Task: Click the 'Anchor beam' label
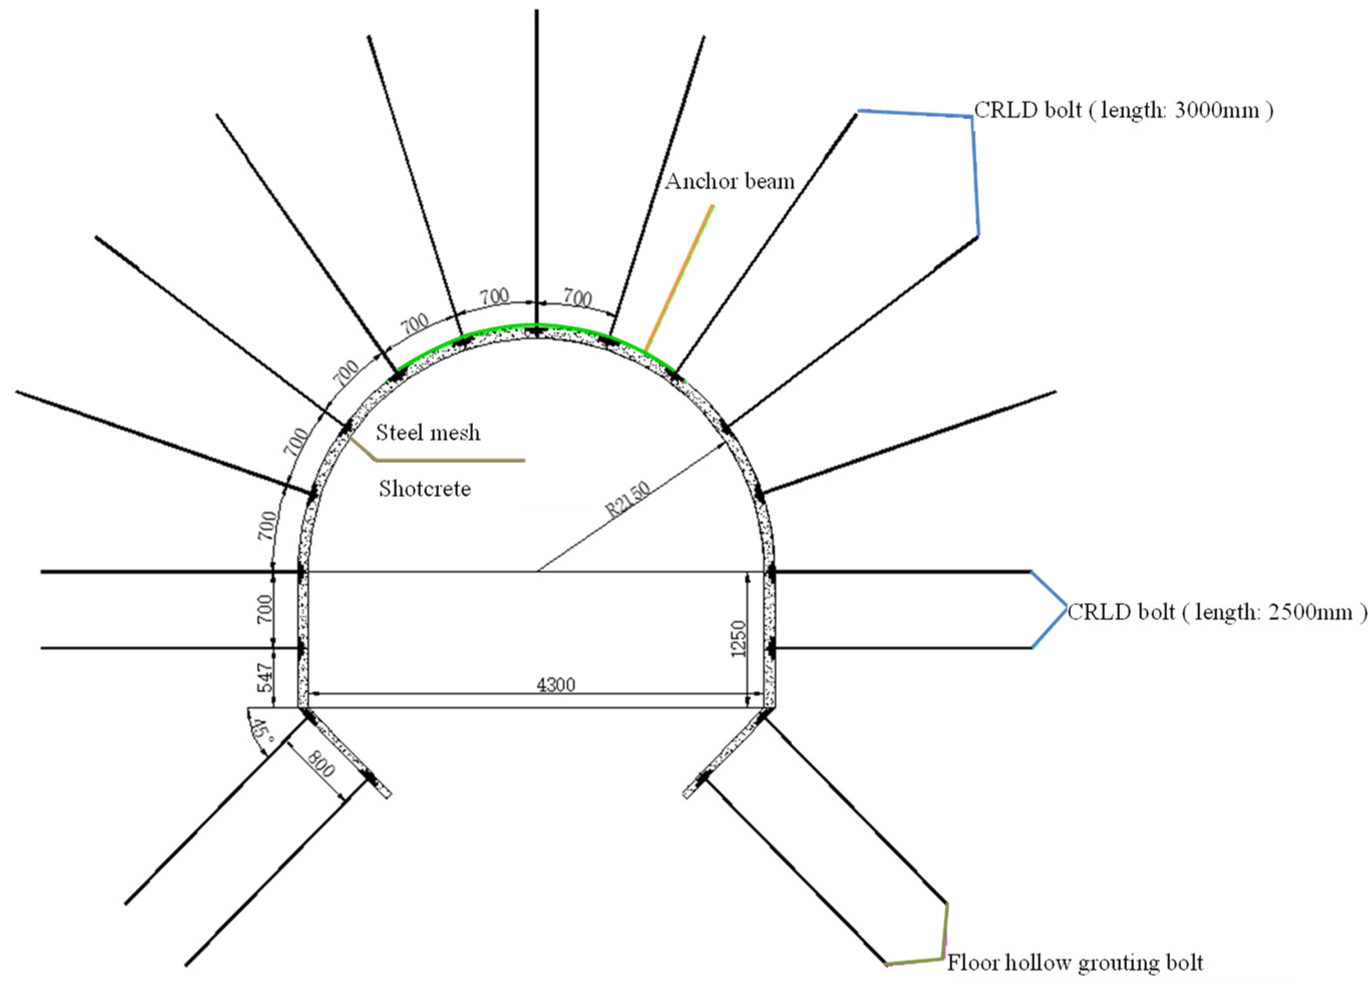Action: pyautogui.click(x=730, y=181)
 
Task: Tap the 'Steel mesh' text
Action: pyautogui.click(x=428, y=433)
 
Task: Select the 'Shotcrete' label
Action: pyautogui.click(x=425, y=488)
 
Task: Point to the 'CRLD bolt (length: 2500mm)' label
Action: pyautogui.click(x=1217, y=612)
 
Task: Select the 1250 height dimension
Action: pyautogui.click(x=739, y=638)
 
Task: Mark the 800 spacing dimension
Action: pyautogui.click(x=320, y=765)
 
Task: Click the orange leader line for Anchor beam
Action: pyautogui.click(x=679, y=278)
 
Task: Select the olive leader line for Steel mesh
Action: pyautogui.click(x=448, y=460)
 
